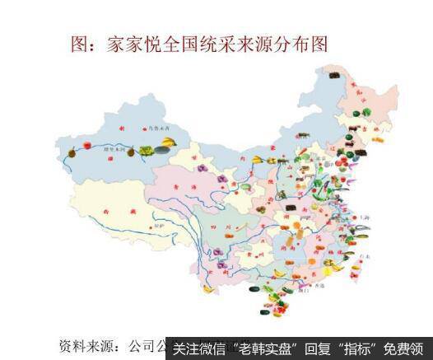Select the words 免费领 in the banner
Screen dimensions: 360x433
tap(407, 347)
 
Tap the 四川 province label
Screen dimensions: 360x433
tap(222, 222)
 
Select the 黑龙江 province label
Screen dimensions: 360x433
tap(356, 91)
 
